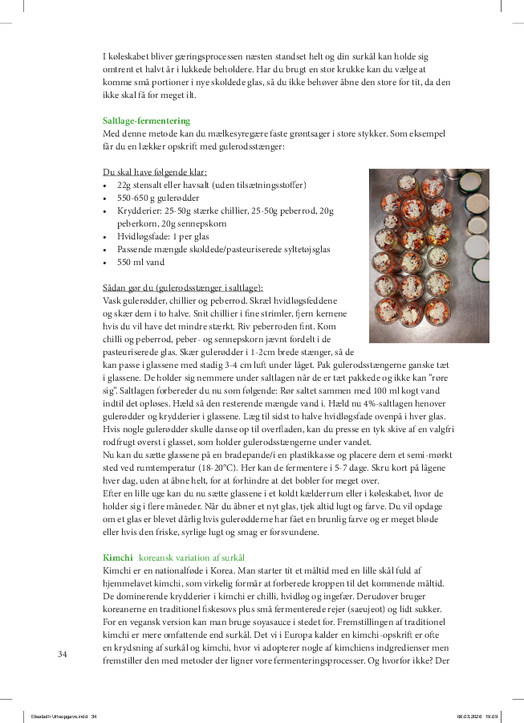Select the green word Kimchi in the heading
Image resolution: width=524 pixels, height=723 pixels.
[118, 557]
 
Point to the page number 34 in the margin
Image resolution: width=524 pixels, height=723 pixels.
[62, 654]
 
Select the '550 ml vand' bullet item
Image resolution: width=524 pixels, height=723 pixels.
[140, 262]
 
